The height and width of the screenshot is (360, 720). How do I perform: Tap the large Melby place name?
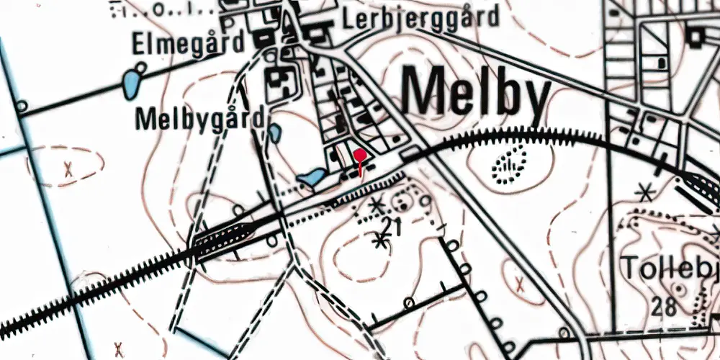(x=476, y=91)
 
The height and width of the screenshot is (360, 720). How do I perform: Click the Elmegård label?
(x=188, y=45)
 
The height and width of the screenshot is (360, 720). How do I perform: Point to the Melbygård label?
(x=199, y=119)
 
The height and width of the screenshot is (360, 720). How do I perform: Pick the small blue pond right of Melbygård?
(x=275, y=132)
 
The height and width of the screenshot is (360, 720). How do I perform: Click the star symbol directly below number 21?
(x=379, y=241)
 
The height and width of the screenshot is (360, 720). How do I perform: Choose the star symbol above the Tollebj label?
(x=645, y=192)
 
